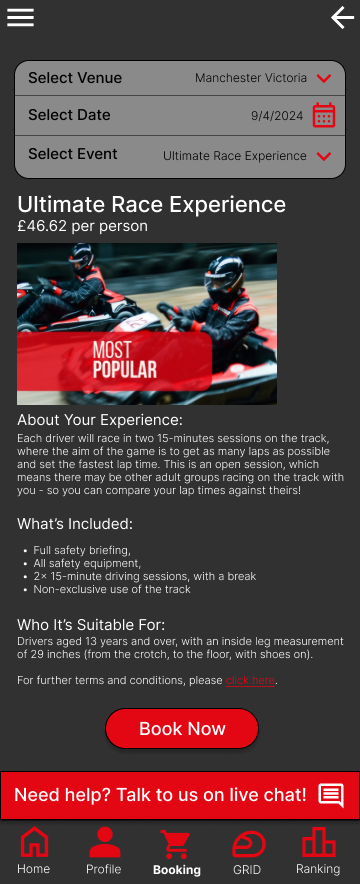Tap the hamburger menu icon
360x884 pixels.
click(20, 17)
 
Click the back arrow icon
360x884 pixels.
click(342, 18)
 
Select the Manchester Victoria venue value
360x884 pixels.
click(251, 78)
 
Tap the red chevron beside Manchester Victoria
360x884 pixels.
click(323, 78)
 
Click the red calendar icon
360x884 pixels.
click(324, 115)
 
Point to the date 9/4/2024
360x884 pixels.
click(277, 116)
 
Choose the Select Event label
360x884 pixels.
click(73, 154)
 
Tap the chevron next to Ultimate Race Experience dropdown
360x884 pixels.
click(323, 156)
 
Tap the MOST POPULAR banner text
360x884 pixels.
click(125, 360)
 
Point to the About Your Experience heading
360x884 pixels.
click(100, 420)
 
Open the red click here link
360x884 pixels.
click(250, 680)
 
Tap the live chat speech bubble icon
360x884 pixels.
click(331, 795)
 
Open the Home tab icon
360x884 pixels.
click(34, 842)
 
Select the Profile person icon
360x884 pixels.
click(104, 842)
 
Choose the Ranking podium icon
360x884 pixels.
click(318, 842)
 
